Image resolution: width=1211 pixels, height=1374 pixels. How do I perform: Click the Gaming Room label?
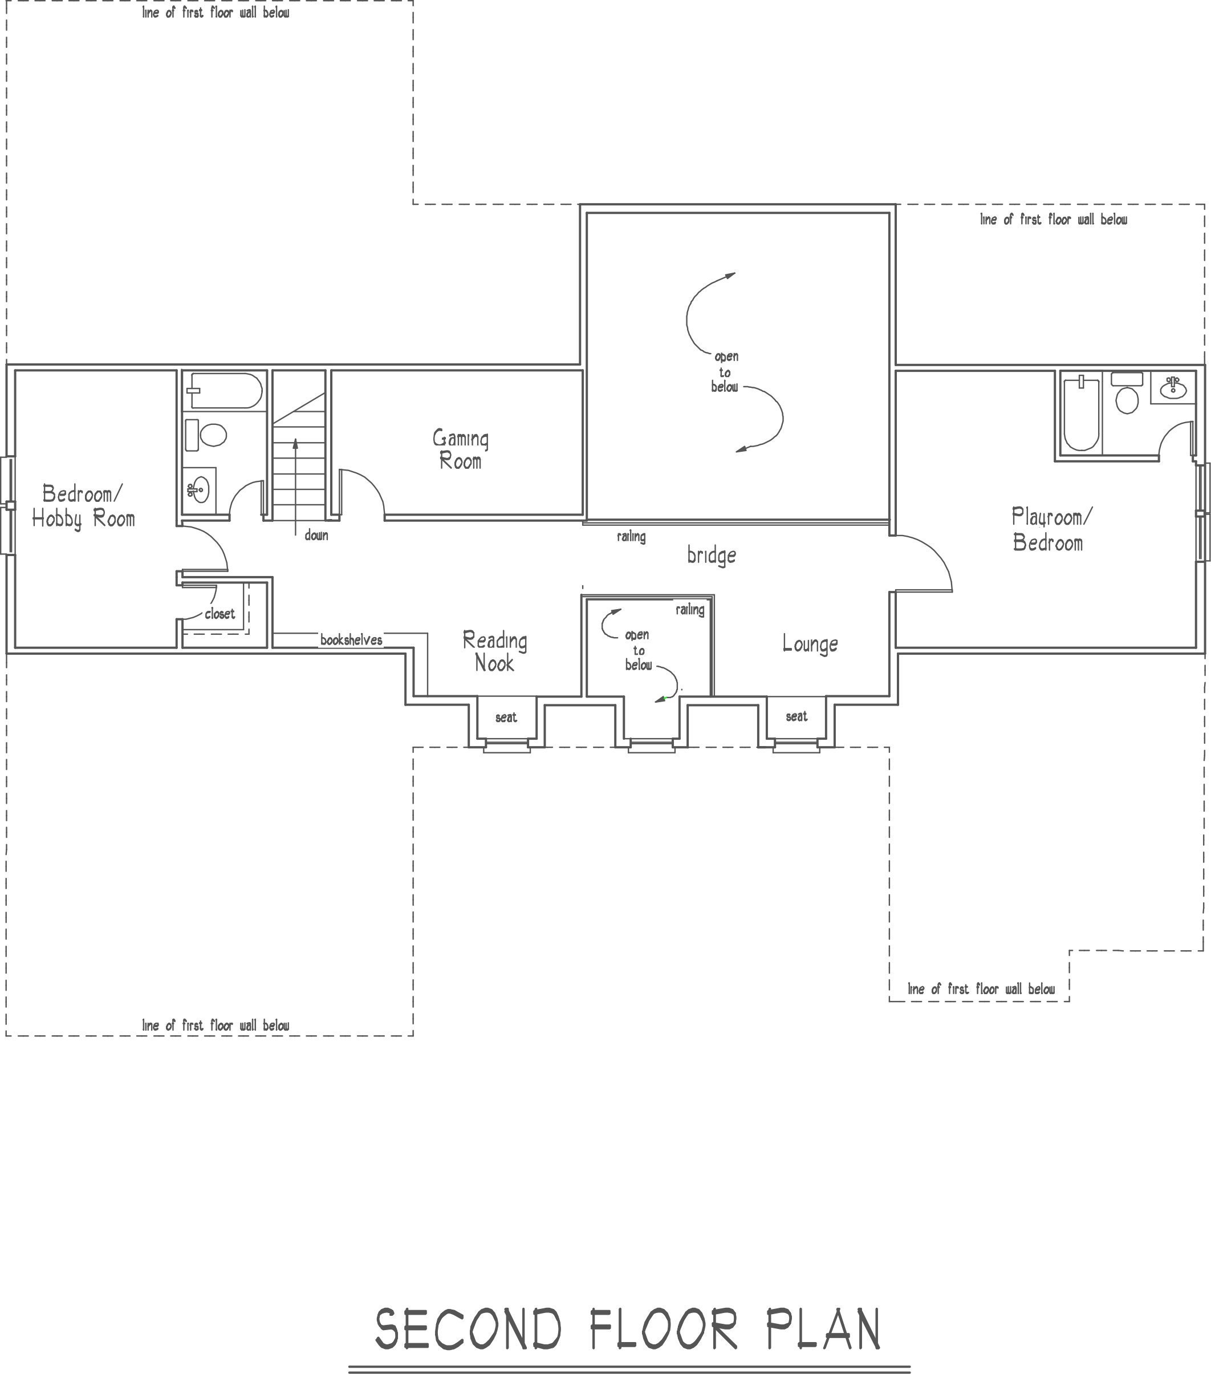pos(460,449)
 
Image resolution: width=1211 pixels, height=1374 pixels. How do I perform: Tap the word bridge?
pos(711,556)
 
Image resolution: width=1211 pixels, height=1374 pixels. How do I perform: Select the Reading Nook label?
pos(495,651)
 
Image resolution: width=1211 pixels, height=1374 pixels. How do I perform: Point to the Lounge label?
pos(810,644)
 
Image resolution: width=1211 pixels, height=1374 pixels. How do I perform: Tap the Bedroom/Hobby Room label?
pos(83,506)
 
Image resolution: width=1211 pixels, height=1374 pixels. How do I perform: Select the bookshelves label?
pos(351,640)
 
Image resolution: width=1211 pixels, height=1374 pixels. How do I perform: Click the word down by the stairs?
pos(316,535)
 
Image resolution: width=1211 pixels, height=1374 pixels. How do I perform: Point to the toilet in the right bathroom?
pos(1127,396)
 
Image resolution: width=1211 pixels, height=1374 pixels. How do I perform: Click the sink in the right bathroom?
pos(1173,387)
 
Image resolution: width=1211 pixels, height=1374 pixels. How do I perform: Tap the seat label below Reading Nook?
pos(506,718)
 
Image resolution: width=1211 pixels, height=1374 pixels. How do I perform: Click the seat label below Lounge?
pos(797,716)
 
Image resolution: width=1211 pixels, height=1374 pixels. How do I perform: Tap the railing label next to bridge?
pos(631,536)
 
